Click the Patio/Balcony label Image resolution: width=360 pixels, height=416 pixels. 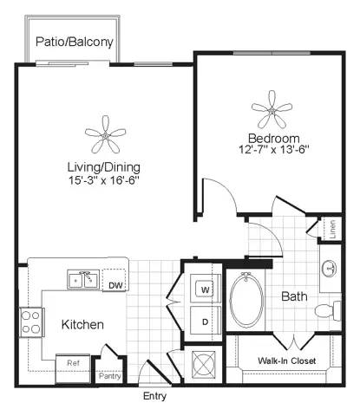[x=75, y=42]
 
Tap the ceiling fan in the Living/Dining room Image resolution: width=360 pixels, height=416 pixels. [x=105, y=135]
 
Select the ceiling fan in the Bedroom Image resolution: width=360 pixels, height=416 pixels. [x=272, y=110]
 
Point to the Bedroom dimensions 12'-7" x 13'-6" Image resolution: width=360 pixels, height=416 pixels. [x=274, y=150]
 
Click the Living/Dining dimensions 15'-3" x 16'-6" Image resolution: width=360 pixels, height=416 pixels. [x=104, y=180]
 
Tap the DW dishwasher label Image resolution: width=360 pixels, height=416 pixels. [x=115, y=286]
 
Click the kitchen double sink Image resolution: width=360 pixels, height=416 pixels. [x=83, y=279]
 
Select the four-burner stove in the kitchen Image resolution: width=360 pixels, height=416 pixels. [x=32, y=322]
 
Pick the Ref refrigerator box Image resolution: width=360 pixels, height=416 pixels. [x=73, y=368]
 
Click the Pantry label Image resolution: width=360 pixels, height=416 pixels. [x=110, y=376]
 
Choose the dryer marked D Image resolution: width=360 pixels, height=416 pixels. [x=206, y=321]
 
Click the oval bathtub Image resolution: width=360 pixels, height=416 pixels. [x=246, y=301]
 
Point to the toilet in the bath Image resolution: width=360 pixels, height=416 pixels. [x=328, y=310]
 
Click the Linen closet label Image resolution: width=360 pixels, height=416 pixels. [x=333, y=229]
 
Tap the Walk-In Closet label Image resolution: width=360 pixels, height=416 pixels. [x=286, y=361]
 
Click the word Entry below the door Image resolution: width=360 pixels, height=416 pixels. [x=154, y=396]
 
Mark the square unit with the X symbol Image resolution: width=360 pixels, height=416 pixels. [x=204, y=365]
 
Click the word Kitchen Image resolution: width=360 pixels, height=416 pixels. [x=82, y=324]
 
